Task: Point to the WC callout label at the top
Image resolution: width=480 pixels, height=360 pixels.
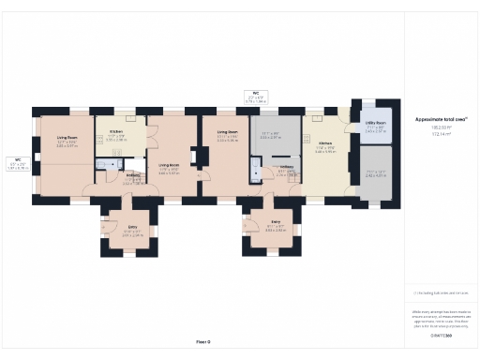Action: tap(255, 94)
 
